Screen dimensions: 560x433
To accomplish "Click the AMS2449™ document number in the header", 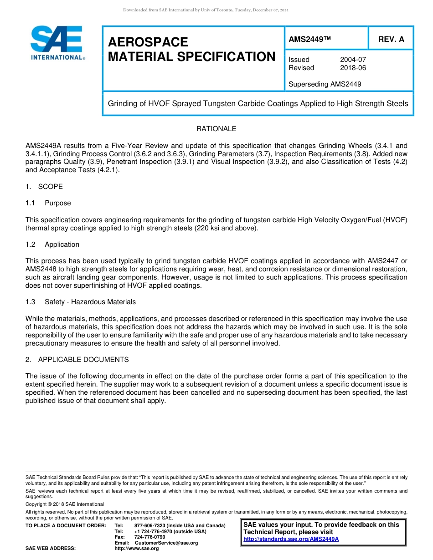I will coord(309,40).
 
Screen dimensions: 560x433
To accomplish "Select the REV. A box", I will coord(391,40).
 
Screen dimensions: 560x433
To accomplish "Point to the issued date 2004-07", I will coord(353,60).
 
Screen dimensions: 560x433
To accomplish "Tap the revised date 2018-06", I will coord(353,68).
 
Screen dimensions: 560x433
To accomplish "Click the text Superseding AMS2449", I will coord(325,84).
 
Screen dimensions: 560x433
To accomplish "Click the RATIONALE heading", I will coord(216,129).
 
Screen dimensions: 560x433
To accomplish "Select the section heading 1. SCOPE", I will coord(44,187).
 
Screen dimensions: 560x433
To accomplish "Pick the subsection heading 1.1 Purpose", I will coord(48,203).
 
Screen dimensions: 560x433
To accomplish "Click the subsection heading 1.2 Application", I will coord(52,244).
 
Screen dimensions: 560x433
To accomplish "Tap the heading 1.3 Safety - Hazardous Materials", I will coord(81,302).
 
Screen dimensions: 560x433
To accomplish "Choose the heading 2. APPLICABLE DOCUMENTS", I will coord(77,360).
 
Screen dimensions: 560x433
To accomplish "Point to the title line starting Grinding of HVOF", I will coord(258,103).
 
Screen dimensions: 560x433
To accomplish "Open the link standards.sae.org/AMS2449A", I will coord(291,539).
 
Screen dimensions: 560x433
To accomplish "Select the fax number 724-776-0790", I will coord(149,537).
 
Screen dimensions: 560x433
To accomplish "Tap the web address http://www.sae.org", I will coord(137,548).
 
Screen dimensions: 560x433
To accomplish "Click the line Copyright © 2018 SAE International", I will coord(65,504).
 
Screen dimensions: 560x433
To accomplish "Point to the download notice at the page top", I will coord(206,10).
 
